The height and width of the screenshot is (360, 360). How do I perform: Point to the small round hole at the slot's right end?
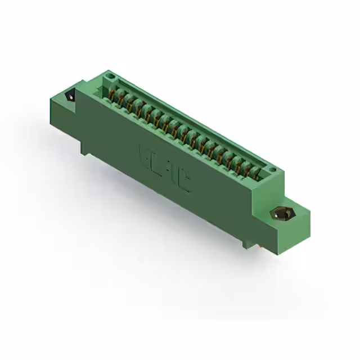(272, 169)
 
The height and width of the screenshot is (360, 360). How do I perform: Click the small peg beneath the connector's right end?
(246, 244)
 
